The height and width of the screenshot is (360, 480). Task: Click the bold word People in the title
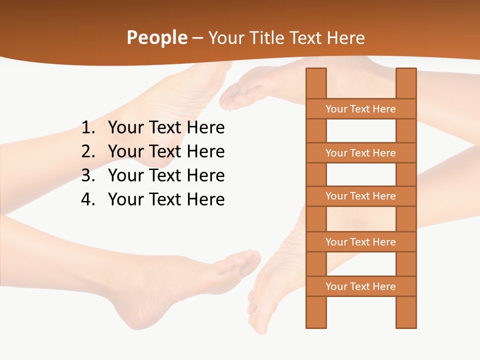pos(156,38)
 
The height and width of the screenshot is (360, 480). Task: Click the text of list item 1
pos(166,128)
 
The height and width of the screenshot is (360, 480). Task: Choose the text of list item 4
pos(166,199)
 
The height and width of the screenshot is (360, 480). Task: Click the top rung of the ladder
pos(360,109)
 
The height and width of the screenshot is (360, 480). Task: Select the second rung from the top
pos(360,153)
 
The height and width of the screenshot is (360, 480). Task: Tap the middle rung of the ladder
pos(360,196)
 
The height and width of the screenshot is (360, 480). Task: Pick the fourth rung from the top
pos(360,242)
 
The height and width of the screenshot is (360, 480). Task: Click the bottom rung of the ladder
pos(360,286)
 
